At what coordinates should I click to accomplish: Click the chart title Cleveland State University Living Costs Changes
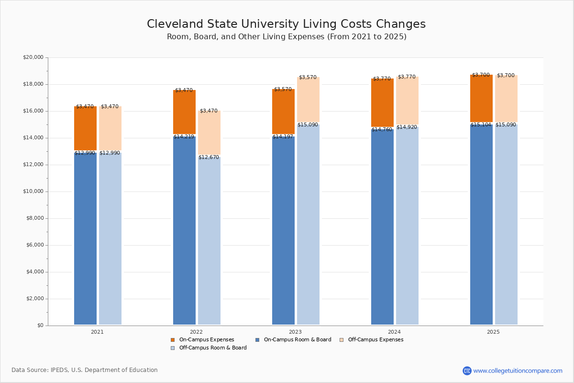(x=286, y=24)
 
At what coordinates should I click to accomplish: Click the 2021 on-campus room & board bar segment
(x=85, y=239)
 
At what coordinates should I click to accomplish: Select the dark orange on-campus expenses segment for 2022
(x=184, y=113)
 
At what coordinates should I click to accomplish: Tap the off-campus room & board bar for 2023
(x=308, y=225)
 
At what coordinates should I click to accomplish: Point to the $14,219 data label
(x=184, y=137)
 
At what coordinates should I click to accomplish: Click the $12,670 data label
(x=209, y=158)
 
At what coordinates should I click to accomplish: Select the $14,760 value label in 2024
(x=382, y=130)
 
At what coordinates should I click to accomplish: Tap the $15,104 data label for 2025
(x=481, y=125)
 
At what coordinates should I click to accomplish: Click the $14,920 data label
(x=407, y=127)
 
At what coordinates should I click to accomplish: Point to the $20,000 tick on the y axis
(x=33, y=57)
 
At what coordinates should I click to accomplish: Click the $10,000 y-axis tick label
(x=33, y=191)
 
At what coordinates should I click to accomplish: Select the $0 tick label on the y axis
(x=40, y=326)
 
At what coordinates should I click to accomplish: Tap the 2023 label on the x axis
(x=295, y=332)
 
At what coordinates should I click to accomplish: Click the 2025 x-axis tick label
(x=493, y=332)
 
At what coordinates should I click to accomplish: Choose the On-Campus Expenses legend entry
(x=206, y=340)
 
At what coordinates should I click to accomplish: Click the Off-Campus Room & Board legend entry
(x=213, y=348)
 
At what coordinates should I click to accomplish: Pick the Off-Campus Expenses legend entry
(x=375, y=340)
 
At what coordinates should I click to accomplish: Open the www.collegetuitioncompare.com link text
(x=518, y=371)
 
